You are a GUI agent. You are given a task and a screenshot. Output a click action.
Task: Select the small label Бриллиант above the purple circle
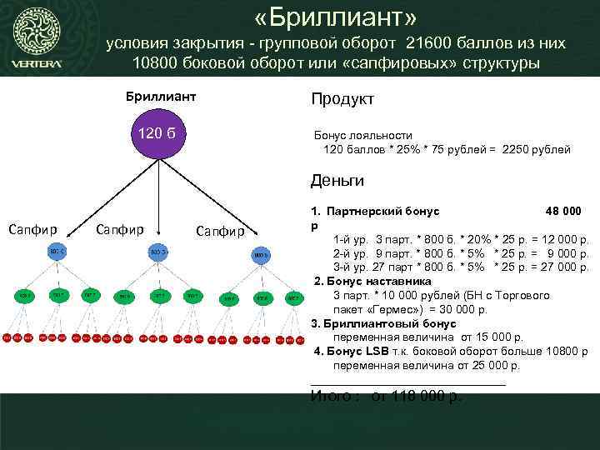pyautogui.click(x=161, y=97)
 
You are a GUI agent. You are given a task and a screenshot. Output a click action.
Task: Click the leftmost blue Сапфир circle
pyautogui.click(x=56, y=252)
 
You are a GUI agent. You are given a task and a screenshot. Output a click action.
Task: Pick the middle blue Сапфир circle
pyautogui.click(x=158, y=252)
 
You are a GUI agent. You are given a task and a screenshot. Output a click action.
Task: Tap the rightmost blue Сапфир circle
pyautogui.click(x=261, y=253)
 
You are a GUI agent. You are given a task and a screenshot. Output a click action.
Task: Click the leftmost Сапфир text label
pyautogui.click(x=32, y=228)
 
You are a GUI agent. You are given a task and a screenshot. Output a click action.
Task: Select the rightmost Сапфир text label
pyautogui.click(x=220, y=231)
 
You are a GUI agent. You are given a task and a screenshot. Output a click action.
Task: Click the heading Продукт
pyautogui.click(x=342, y=99)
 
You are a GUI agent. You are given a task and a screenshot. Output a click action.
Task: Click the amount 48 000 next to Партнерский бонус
pyautogui.click(x=562, y=212)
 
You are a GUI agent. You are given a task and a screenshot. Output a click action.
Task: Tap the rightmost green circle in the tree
pyautogui.click(x=293, y=297)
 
